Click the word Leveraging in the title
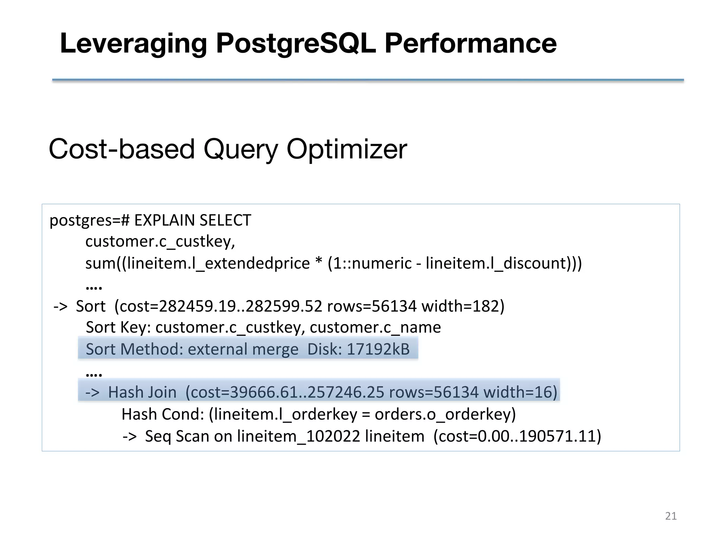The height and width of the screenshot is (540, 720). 133,44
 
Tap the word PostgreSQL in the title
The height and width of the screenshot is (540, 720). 296,44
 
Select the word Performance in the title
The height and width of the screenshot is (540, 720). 470,44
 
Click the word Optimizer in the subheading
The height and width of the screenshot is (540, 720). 347,149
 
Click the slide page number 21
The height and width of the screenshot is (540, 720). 671,516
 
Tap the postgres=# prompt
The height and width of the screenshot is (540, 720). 90,220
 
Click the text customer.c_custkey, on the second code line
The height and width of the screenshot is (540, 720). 160,242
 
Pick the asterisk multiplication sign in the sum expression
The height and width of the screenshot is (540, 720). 319,263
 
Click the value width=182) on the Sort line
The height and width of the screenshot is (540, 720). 463,306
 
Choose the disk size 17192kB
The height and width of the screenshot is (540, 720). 378,349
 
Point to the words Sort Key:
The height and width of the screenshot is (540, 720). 118,328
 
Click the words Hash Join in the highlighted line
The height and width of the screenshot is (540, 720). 142,392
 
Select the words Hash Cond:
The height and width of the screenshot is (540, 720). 163,414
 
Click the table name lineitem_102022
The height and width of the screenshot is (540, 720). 298,436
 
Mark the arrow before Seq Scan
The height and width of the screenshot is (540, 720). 130,436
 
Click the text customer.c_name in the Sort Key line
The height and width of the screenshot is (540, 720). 375,328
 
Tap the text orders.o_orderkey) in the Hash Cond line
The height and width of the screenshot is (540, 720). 445,414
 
